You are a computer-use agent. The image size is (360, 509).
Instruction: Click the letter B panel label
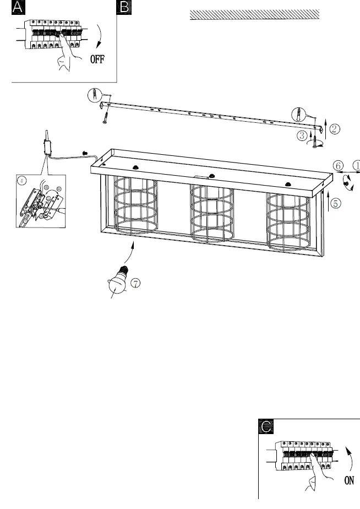tap(124, 8)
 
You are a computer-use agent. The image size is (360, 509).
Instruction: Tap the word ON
tap(349, 480)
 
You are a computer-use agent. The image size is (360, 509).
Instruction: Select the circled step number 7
tap(135, 283)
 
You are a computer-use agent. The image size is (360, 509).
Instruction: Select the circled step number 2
tap(336, 130)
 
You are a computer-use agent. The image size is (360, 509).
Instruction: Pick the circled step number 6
tap(339, 165)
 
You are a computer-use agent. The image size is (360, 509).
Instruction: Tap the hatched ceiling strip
tap(254, 14)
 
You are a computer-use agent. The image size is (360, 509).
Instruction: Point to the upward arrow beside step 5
tap(329, 201)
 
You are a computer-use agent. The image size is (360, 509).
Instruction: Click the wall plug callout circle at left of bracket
tap(95, 95)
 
